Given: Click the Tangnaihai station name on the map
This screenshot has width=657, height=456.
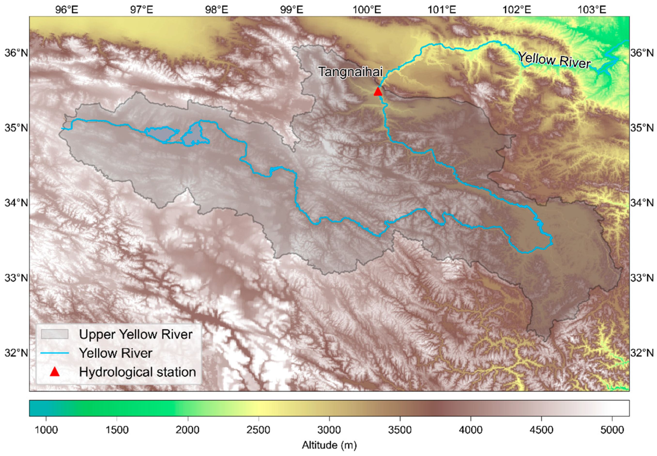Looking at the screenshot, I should [x=350, y=72].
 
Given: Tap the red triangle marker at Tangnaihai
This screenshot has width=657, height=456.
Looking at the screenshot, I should [x=378, y=92].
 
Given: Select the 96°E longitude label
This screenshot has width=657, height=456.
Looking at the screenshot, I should [x=67, y=10].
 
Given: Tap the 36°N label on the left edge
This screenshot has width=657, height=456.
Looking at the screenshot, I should [x=16, y=53].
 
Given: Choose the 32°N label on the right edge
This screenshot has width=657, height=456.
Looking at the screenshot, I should [x=642, y=353].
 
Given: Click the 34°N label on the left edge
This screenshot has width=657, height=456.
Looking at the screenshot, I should [x=16, y=203].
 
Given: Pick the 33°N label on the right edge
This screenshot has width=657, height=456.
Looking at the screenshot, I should [x=642, y=278].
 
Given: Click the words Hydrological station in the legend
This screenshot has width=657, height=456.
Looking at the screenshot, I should [x=137, y=372].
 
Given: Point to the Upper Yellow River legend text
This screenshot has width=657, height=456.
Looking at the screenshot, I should [x=136, y=334].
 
